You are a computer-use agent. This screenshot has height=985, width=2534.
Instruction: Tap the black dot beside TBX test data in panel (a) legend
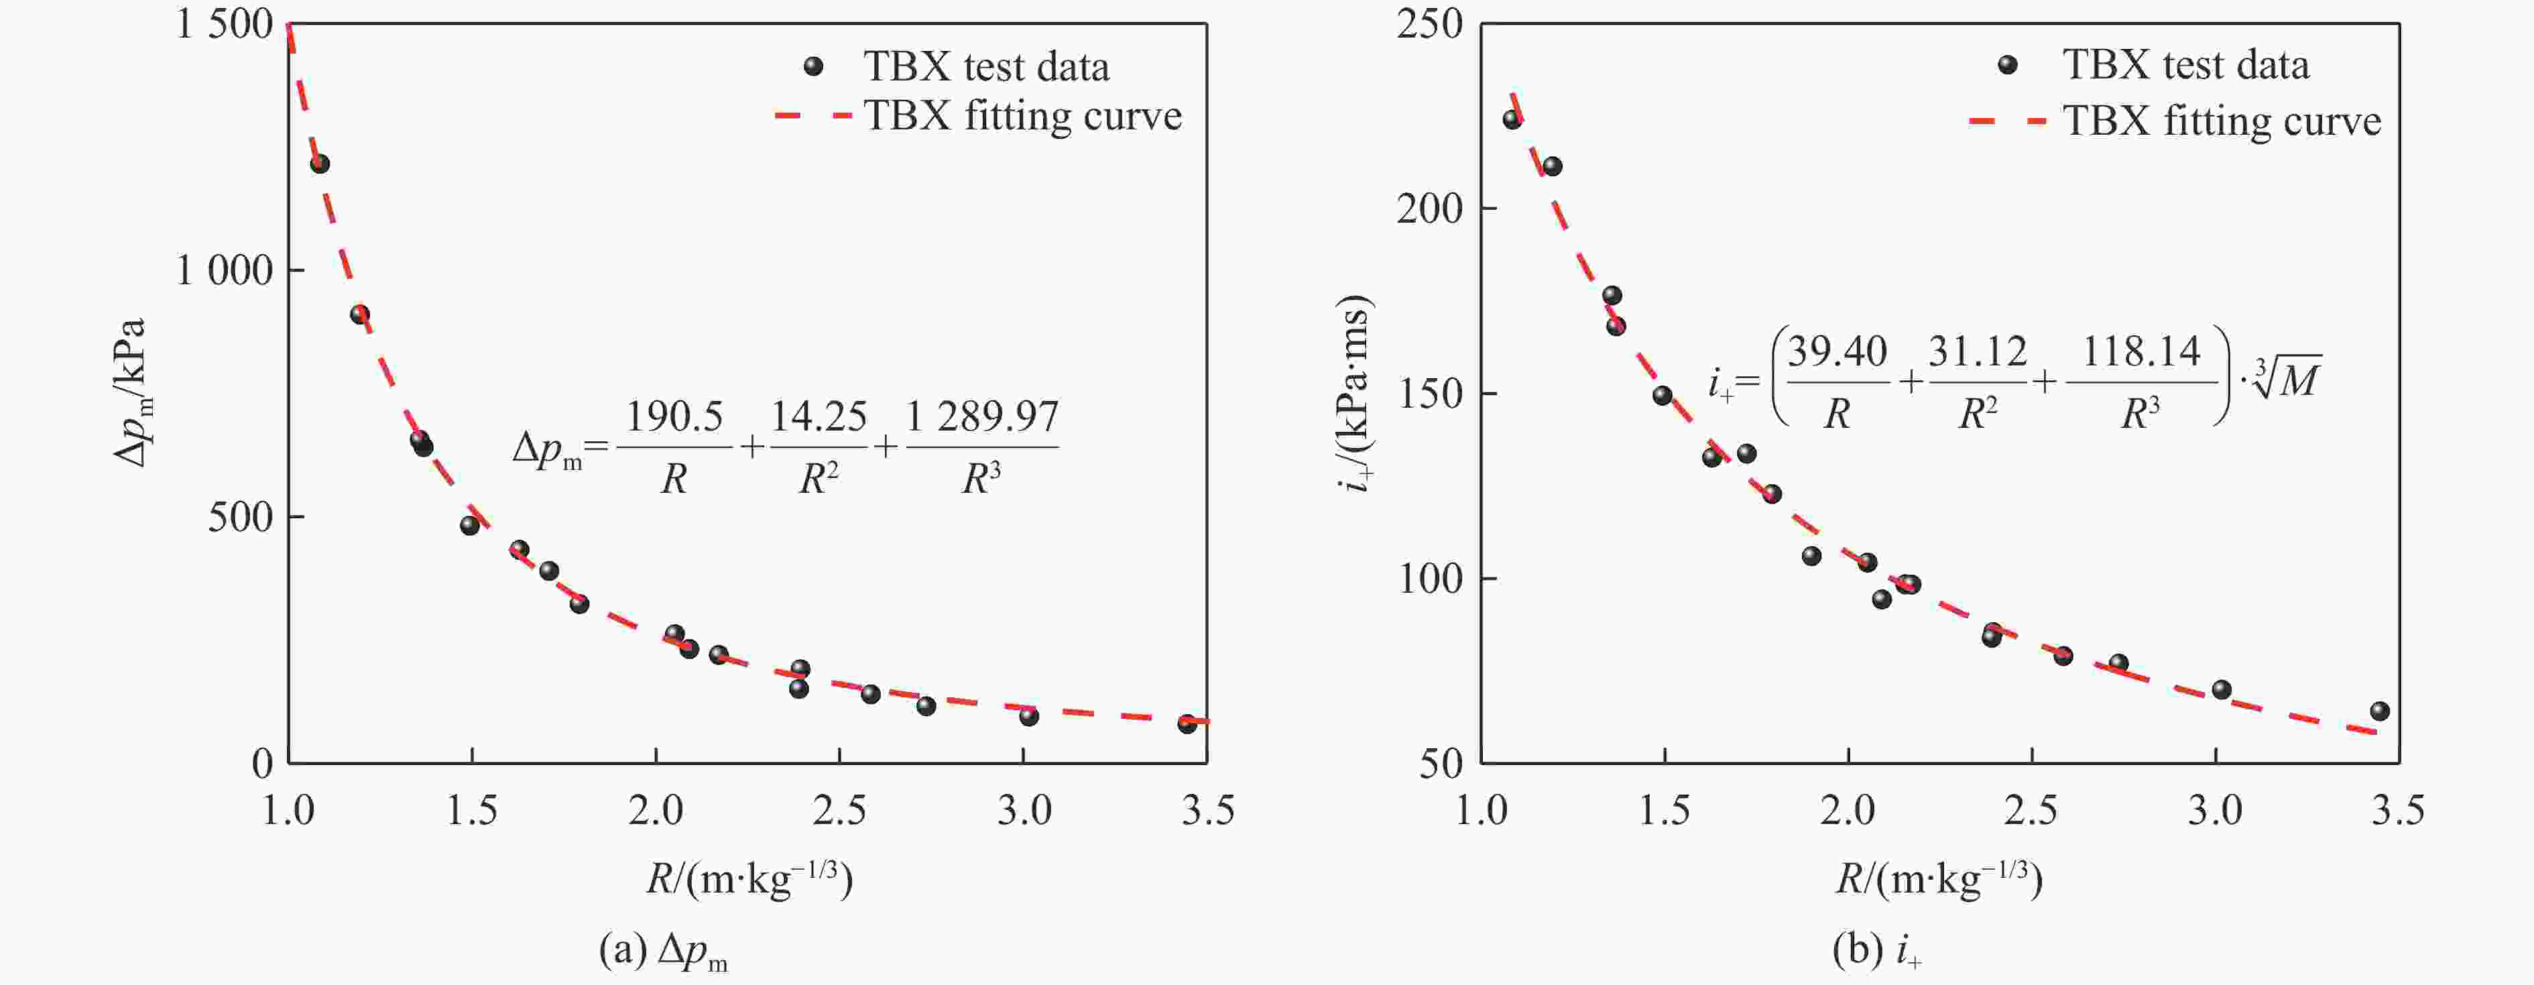812,66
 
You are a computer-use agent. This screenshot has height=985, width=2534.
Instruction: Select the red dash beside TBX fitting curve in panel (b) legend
2006,121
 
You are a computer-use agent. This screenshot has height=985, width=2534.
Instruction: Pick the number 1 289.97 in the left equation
981,417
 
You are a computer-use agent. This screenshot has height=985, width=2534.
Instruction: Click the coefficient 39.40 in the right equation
1837,351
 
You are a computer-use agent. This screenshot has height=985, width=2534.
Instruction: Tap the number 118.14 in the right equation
2140,351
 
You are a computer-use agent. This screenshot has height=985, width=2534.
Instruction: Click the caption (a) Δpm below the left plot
663,951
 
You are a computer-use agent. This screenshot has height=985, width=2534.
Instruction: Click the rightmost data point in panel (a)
1187,723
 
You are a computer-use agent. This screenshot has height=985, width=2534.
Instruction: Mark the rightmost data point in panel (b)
2380,711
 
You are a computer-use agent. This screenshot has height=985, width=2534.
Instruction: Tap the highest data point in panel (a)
320,164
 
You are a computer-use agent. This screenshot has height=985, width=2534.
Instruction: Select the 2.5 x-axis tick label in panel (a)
839,811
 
